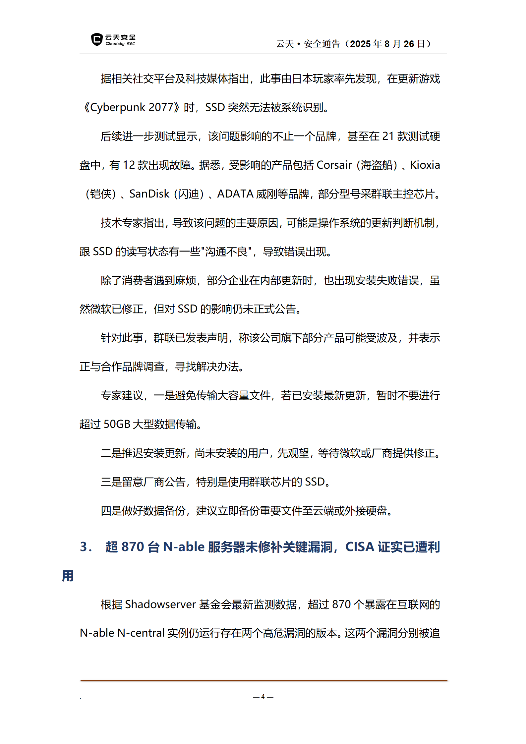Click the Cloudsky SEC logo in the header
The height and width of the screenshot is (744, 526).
coord(113,40)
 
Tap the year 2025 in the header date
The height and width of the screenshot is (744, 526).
coord(360,44)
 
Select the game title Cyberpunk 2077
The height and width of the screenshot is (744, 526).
coord(132,107)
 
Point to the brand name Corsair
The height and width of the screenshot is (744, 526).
coord(334,165)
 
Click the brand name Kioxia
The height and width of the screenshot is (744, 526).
coord(425,165)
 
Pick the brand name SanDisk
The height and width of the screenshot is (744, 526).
coord(149,194)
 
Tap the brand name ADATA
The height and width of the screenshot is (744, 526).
coord(235,194)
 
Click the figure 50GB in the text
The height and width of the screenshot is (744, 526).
coord(117,424)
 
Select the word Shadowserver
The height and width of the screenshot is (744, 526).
coord(160,604)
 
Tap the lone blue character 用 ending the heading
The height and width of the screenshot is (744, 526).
coord(68,576)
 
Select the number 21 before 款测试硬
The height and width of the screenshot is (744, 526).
coord(388,136)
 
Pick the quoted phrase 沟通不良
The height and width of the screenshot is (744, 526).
coord(226,252)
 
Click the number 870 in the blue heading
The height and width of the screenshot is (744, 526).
coord(133,547)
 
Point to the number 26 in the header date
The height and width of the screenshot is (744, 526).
coord(409,44)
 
